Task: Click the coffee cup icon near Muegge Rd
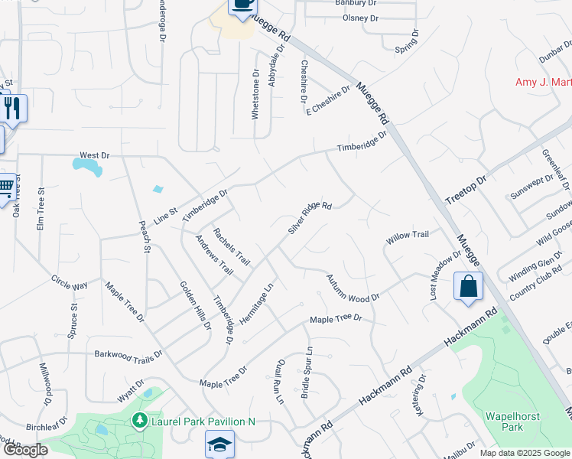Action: pos(242,5)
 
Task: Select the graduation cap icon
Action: pos(219,443)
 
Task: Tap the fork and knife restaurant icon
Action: pos(13,107)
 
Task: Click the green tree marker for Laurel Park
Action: pos(139,420)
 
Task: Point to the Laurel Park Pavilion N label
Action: pos(202,421)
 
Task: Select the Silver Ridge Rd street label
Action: pos(309,218)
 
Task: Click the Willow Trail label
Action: pos(408,237)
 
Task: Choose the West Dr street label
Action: pos(94,155)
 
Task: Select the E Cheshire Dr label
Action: pos(328,100)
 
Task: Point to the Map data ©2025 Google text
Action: pos(525,453)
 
